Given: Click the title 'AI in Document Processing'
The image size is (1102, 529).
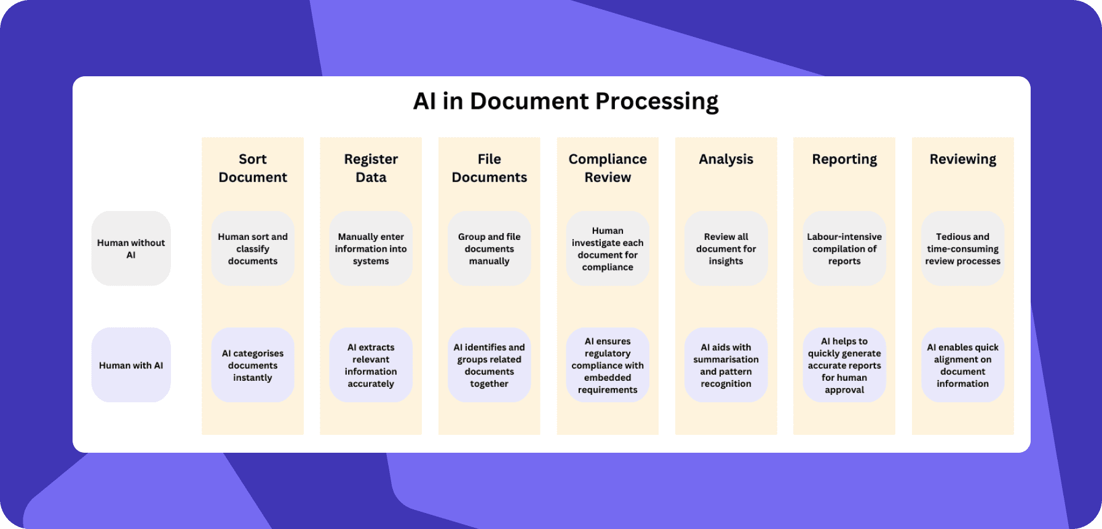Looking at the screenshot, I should pyautogui.click(x=566, y=101).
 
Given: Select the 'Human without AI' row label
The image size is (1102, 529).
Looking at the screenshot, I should pyautogui.click(x=131, y=249).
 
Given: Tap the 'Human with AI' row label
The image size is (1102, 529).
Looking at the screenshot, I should pyautogui.click(x=131, y=365).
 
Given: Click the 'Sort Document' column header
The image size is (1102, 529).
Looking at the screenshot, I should pyautogui.click(x=253, y=168).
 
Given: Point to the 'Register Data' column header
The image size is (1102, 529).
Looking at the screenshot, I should pyautogui.click(x=371, y=168).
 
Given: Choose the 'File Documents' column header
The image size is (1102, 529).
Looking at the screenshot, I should pyautogui.click(x=490, y=168).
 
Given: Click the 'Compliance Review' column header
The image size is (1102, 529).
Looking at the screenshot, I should pyautogui.click(x=608, y=168).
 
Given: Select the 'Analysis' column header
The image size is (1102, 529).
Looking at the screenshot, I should pyautogui.click(x=726, y=159).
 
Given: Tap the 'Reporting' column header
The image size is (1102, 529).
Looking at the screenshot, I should pyautogui.click(x=844, y=159).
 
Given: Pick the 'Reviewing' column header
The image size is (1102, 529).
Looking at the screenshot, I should pyautogui.click(x=962, y=159).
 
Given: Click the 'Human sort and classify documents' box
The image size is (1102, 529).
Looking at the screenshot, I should pyautogui.click(x=253, y=249).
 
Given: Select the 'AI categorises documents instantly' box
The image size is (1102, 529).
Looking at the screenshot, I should pyautogui.click(x=253, y=365).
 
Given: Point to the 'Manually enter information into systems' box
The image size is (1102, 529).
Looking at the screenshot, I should pyautogui.click(x=371, y=249).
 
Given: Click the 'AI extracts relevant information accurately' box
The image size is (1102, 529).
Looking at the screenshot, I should pyautogui.click(x=371, y=365).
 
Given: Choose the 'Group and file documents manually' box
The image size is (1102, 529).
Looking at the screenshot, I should pyautogui.click(x=490, y=249).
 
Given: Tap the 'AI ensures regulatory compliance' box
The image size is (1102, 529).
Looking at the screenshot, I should pyautogui.click(x=608, y=365).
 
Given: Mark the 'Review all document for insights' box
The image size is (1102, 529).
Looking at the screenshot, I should pyautogui.click(x=726, y=249).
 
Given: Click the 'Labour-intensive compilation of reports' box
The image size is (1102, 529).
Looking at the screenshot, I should pyautogui.click(x=844, y=249).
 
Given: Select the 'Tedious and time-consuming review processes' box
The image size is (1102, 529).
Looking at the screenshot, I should pyautogui.click(x=962, y=249).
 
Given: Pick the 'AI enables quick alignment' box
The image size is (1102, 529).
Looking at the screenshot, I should pyautogui.click(x=962, y=365).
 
